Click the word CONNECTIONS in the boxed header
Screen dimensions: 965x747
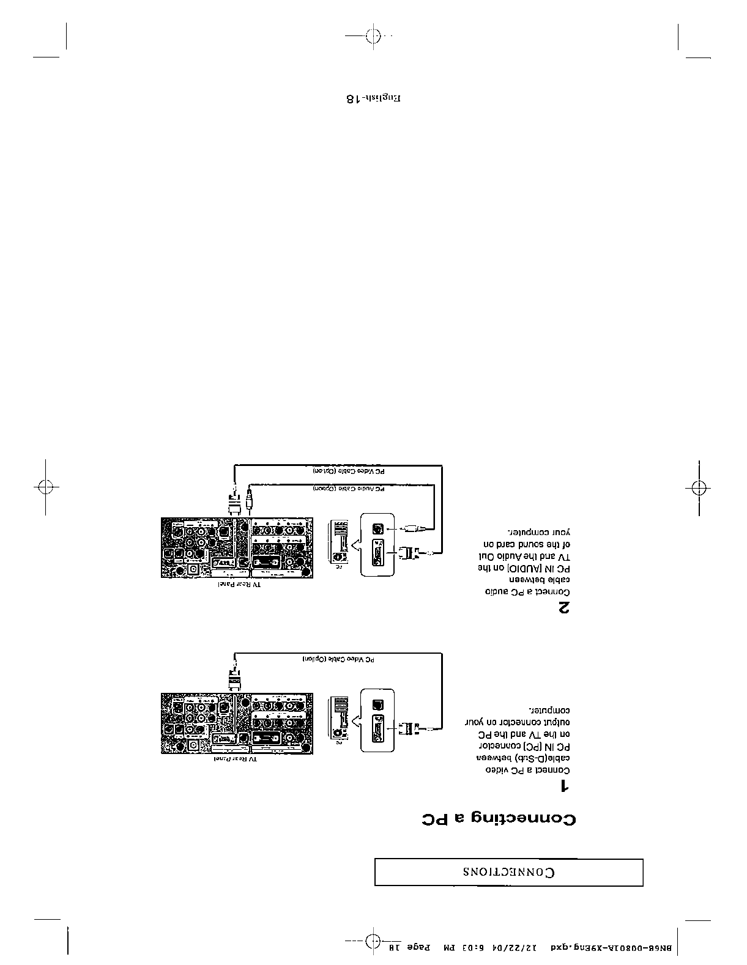click(x=509, y=872)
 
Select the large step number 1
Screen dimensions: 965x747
click(x=566, y=786)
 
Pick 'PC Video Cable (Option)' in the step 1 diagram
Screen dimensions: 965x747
click(x=338, y=660)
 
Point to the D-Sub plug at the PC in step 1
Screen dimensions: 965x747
click(x=407, y=728)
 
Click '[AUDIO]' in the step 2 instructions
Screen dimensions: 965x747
click(x=532, y=568)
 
